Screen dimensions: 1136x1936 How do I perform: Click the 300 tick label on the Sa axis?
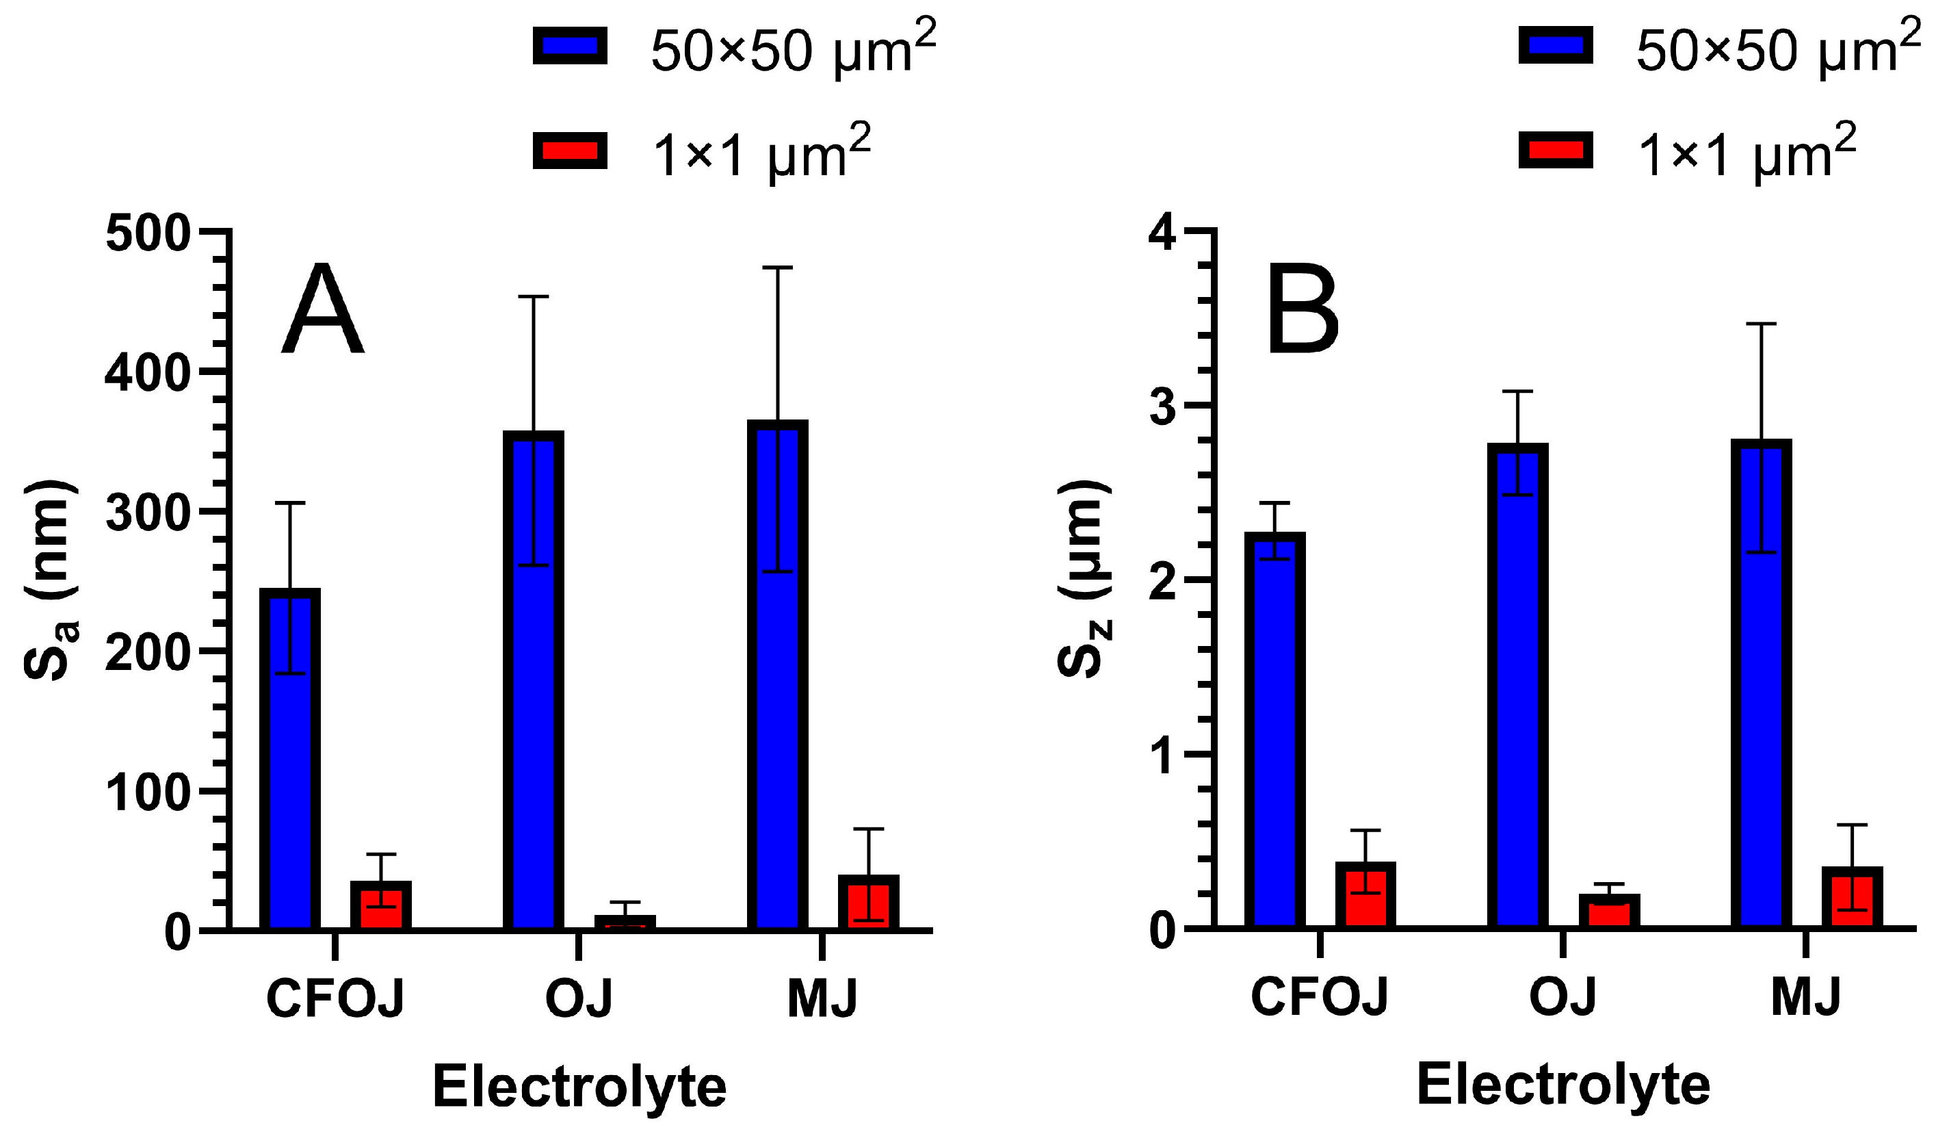[x=148, y=513]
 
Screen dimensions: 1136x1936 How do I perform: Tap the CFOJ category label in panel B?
[x=1319, y=998]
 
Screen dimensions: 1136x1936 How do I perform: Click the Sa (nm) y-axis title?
[x=50, y=580]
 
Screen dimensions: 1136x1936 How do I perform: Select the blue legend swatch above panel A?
[x=570, y=45]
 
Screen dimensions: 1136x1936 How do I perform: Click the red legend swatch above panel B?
[x=1555, y=150]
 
